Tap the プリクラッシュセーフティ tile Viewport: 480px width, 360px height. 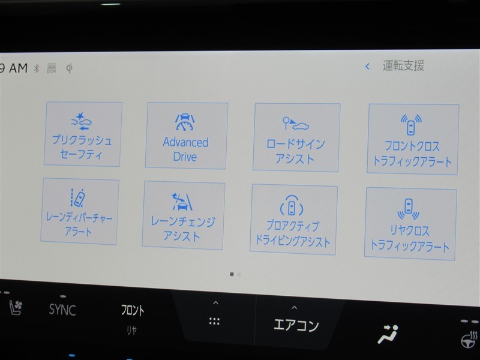83,134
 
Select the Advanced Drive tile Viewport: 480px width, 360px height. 186,136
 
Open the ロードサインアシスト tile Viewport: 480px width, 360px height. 296,137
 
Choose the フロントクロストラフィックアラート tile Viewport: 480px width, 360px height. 413,139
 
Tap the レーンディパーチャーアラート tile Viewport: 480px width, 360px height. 80,211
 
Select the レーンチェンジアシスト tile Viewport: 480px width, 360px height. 184,215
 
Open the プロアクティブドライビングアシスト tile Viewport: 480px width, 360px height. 294,220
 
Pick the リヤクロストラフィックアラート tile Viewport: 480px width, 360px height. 410,224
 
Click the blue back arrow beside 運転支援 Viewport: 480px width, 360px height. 367,66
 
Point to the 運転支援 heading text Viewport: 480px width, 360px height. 403,65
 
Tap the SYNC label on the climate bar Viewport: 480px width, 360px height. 62,310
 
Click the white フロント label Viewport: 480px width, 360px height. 133,310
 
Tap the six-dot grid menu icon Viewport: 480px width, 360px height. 214,322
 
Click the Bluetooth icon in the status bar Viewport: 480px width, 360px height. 37,68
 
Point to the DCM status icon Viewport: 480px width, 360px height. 52,68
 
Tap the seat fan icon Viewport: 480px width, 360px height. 16,307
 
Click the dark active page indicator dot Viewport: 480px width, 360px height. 232,274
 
